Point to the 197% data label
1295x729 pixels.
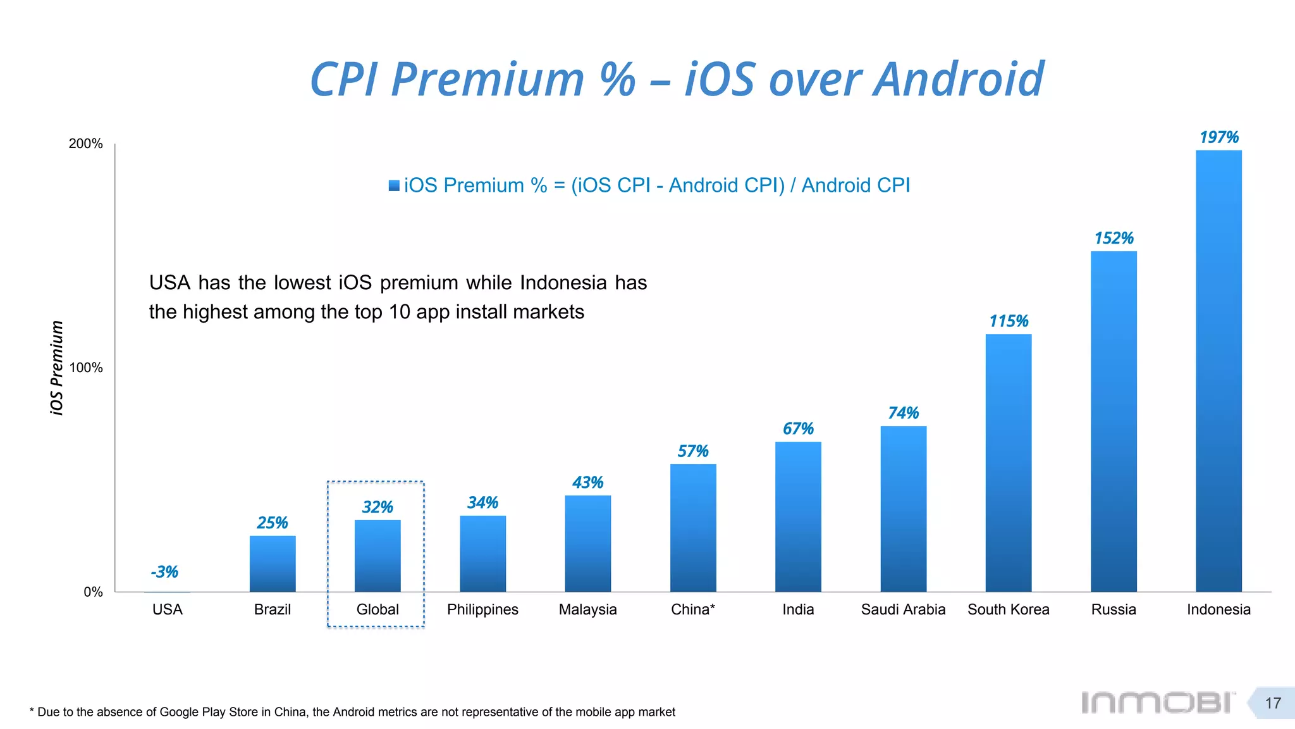pyautogui.click(x=1218, y=137)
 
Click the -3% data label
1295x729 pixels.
pyautogui.click(x=164, y=572)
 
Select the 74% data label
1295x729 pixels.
pyautogui.click(x=903, y=413)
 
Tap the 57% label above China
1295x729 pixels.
pyautogui.click(x=692, y=451)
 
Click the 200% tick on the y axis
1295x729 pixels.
pyautogui.click(x=86, y=144)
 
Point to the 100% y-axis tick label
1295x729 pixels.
pyautogui.click(x=86, y=368)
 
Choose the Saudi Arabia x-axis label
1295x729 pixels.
pyautogui.click(x=903, y=609)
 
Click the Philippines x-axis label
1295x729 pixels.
pyautogui.click(x=482, y=609)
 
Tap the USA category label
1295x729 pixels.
pyautogui.click(x=168, y=609)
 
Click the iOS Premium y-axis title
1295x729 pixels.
pyautogui.click(x=57, y=368)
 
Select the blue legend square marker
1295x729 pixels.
pyautogui.click(x=394, y=185)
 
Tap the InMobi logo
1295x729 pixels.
pyautogui.click(x=1157, y=702)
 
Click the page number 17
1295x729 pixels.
pyautogui.click(x=1272, y=703)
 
